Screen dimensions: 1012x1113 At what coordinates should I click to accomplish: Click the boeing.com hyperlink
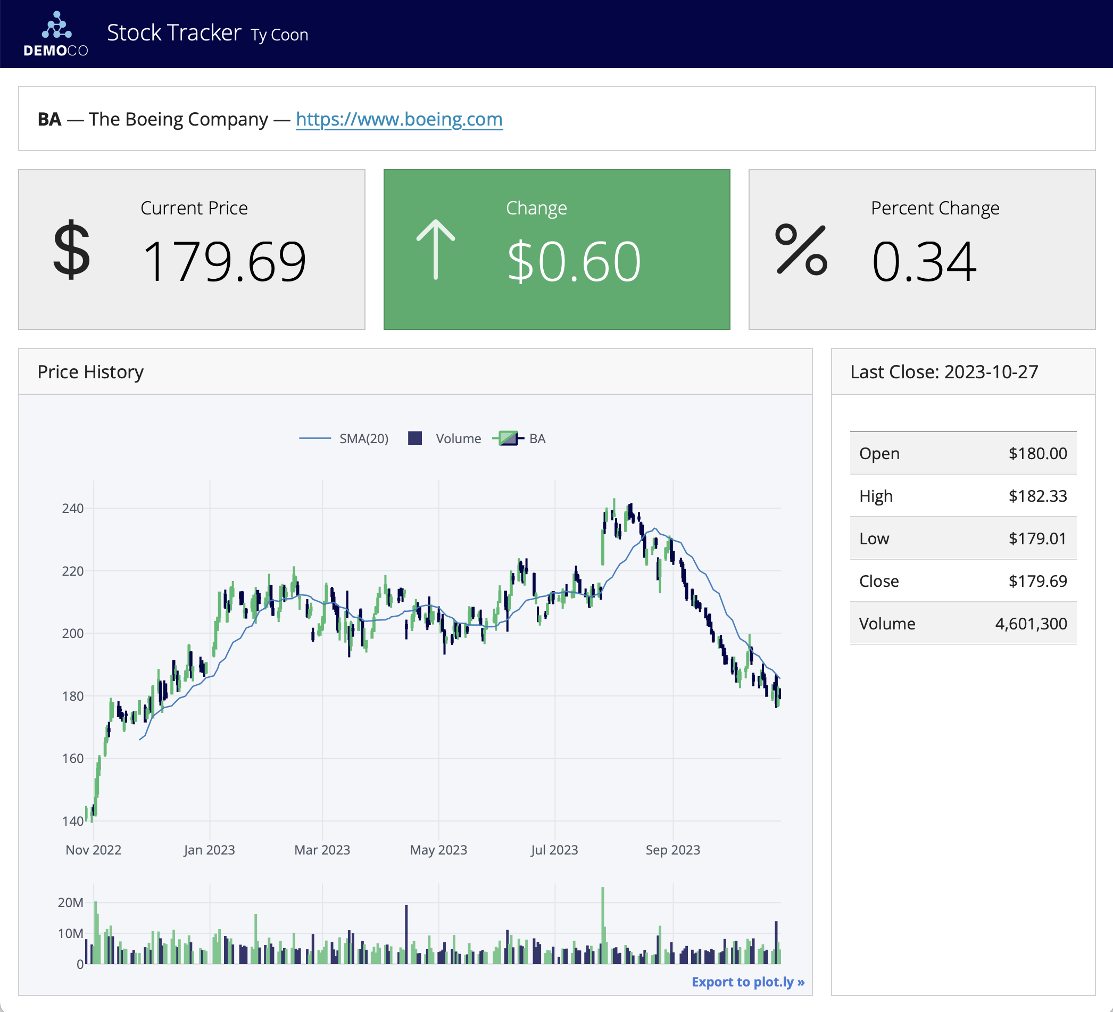click(x=398, y=119)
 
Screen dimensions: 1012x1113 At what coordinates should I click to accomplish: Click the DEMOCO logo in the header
click(x=56, y=34)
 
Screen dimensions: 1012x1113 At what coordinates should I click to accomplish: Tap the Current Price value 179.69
click(x=223, y=261)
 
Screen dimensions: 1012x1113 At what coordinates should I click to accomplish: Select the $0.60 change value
click(x=574, y=261)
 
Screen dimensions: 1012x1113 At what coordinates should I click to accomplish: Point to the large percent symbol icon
click(x=801, y=250)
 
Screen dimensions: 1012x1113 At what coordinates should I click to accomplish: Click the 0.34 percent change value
click(x=924, y=261)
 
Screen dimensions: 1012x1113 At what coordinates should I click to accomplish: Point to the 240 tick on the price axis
click(x=73, y=509)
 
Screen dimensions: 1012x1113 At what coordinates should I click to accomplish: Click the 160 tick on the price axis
click(x=73, y=759)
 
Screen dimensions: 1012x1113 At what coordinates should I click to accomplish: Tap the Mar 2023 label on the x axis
click(x=322, y=850)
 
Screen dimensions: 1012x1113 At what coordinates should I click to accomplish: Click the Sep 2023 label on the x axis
click(x=672, y=850)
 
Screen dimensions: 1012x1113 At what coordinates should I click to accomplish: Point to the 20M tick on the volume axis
click(x=71, y=903)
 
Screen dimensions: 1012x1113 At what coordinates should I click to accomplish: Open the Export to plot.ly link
click(x=747, y=982)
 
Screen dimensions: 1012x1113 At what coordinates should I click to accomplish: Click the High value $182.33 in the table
click(x=1037, y=496)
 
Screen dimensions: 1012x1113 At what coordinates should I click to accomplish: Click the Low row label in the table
click(x=874, y=539)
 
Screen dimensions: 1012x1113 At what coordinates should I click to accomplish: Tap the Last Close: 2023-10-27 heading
click(x=943, y=372)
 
